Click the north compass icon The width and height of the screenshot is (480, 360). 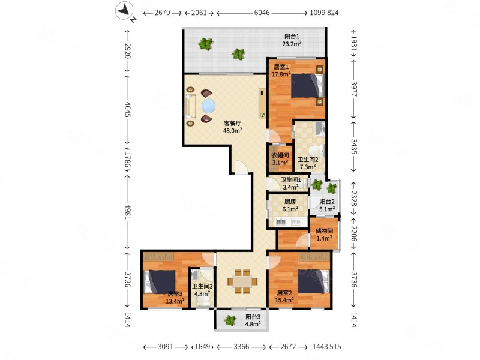pos(125,11)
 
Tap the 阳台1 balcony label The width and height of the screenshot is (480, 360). pos(292,37)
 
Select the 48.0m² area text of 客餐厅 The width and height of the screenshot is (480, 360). pos(233,131)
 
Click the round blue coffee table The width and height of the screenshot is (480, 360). pos(208,106)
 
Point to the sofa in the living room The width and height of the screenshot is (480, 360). pos(190,106)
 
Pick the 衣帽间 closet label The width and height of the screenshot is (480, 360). pos(280,155)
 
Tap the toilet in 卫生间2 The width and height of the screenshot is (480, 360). pos(316,151)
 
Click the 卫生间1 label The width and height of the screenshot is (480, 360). pos(290,179)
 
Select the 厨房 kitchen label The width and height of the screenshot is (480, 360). pos(290,202)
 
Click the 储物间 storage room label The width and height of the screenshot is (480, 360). pos(324,230)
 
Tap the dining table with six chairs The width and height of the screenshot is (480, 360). pos(242,281)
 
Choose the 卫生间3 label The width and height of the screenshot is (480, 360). pos(202,287)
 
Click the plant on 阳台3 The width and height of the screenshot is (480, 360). pos(230,320)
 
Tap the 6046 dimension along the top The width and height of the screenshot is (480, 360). pos(262,13)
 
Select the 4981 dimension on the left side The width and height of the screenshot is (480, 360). pos(127,211)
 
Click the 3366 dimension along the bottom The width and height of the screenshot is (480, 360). pos(241,347)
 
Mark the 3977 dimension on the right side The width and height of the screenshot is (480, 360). pos(354,89)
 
